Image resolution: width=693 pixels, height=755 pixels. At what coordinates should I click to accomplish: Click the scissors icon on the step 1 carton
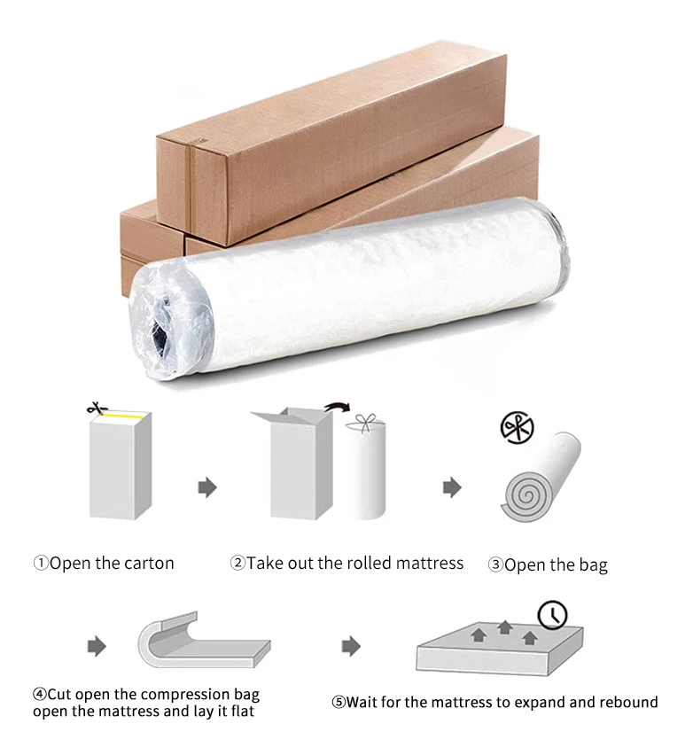coord(95,409)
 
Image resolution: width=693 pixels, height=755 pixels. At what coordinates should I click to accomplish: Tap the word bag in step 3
coord(592,564)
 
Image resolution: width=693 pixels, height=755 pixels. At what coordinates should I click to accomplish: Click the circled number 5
coord(338,703)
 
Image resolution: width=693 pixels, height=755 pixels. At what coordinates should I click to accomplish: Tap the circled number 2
coord(237,563)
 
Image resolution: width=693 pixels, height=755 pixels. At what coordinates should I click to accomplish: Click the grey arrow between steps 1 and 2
coord(207,486)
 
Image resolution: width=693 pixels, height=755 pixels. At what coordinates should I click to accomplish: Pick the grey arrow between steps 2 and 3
coord(452,486)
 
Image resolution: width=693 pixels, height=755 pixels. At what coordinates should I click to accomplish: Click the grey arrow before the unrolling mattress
coord(97,646)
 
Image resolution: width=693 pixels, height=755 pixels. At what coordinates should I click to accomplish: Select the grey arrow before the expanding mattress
coord(352,646)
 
